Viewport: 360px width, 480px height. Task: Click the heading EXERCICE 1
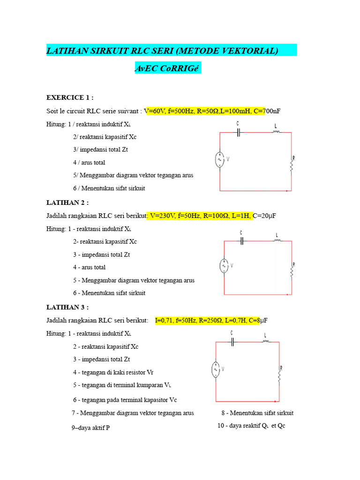pos(70,97)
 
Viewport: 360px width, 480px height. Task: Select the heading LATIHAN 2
pos(67,202)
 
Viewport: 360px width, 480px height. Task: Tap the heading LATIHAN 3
pos(67,307)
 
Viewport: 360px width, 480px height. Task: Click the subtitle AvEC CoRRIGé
pos(167,68)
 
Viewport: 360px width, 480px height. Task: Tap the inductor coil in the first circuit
pos(276,132)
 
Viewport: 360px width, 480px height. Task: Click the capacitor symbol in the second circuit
pos(242,241)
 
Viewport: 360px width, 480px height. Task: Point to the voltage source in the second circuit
pos(224,266)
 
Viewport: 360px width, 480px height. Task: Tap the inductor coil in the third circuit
pos(266,342)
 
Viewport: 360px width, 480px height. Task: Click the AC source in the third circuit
pos(216,369)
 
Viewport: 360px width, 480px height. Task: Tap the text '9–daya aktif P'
pos(91,428)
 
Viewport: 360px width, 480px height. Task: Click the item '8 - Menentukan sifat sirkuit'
pos(257,413)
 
